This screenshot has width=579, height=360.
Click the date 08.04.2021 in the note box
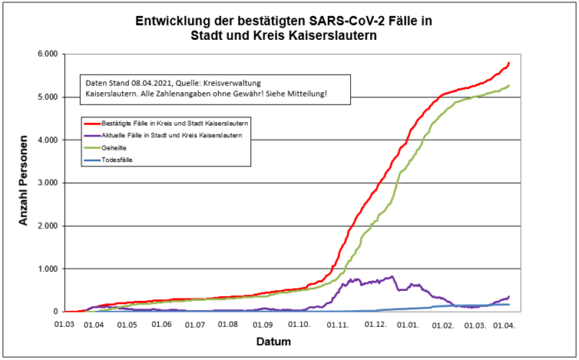coord(146,82)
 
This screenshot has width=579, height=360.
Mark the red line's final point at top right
coord(509,62)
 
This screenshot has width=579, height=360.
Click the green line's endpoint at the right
coord(509,86)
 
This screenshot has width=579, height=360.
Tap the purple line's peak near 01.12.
coord(393,277)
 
